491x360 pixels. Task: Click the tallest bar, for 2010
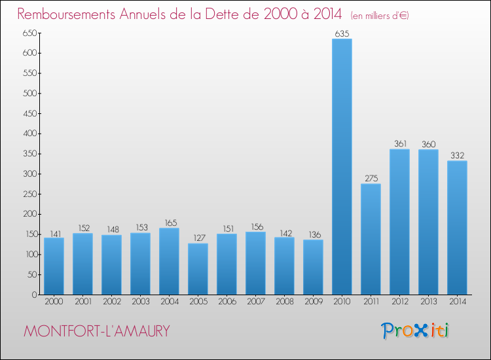(342, 167)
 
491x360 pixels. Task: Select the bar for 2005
(198, 269)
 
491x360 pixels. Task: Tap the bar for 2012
(399, 222)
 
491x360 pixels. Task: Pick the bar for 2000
(54, 266)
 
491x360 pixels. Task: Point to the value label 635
(342, 33)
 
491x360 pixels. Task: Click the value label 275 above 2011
(371, 178)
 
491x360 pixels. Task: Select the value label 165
(169, 223)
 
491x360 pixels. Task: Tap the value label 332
(457, 155)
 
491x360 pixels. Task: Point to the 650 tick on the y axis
(28, 33)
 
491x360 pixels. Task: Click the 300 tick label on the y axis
(28, 174)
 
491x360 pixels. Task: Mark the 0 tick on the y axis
(33, 295)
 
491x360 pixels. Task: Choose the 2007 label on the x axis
(255, 303)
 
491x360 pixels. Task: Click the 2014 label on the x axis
(457, 303)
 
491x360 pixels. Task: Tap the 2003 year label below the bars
(140, 303)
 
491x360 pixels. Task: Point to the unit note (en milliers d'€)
(380, 15)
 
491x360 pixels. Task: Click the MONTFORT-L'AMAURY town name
(97, 331)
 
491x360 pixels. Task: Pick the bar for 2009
(313, 267)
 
